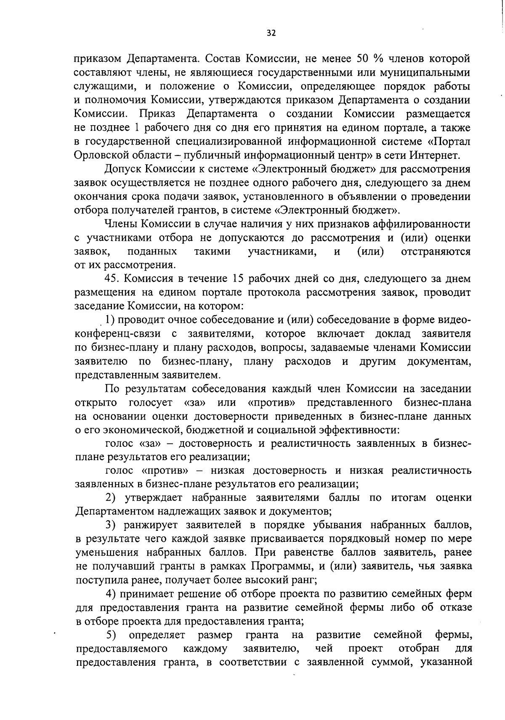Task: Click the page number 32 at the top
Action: coord(271,33)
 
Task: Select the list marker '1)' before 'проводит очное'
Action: coord(110,320)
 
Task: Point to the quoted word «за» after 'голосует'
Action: coord(195,402)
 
